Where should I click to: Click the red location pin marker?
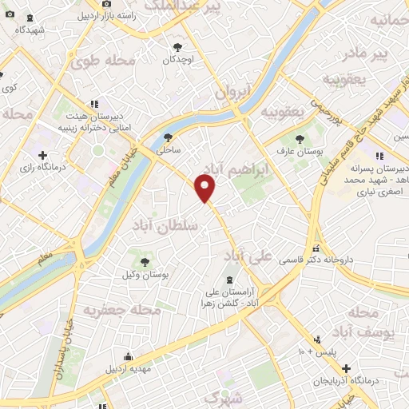pos(206,189)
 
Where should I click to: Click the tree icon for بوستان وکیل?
pos(145,260)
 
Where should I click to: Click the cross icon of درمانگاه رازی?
pos(42,154)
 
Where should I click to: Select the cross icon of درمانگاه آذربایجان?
pos(345,368)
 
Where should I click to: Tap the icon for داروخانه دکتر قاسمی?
pos(317,248)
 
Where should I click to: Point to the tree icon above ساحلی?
pos(167,137)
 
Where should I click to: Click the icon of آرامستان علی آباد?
pos(231,279)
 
